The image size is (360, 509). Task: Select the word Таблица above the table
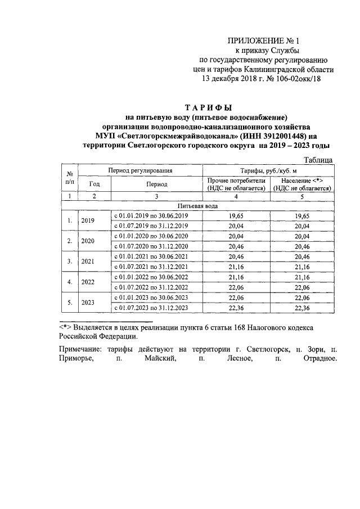(319, 160)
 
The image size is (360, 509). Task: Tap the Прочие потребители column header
(236, 184)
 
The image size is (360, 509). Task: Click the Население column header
(301, 184)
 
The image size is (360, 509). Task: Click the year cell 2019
(88, 221)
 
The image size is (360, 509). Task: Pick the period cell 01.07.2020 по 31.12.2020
(151, 246)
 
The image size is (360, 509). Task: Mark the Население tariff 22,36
(301, 308)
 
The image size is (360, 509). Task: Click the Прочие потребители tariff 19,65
(236, 216)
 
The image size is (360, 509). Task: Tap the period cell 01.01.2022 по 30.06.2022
(151, 277)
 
